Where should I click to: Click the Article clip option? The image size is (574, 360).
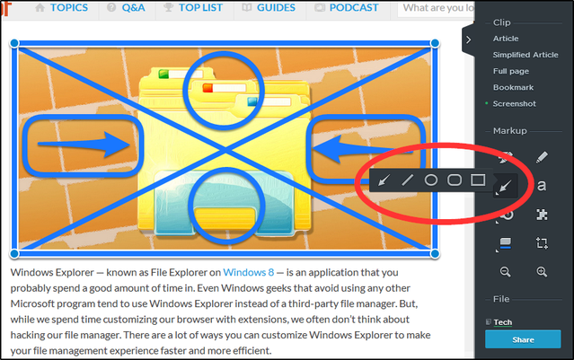pyautogui.click(x=505, y=39)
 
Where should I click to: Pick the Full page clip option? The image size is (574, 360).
pyautogui.click(x=511, y=71)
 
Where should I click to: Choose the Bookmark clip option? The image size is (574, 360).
pyautogui.click(x=513, y=87)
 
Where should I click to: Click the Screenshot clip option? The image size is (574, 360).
pyautogui.click(x=515, y=103)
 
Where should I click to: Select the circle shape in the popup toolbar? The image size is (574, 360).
pyautogui.click(x=431, y=180)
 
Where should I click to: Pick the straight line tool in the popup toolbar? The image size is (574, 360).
pyautogui.click(x=407, y=180)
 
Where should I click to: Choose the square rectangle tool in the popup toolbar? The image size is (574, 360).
pyautogui.click(x=478, y=180)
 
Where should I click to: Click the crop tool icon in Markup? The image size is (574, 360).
pyautogui.click(x=542, y=243)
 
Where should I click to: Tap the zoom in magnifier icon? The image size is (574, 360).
pyautogui.click(x=542, y=271)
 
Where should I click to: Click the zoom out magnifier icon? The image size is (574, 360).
pyautogui.click(x=506, y=271)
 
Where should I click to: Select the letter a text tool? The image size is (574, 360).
pyautogui.click(x=542, y=186)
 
